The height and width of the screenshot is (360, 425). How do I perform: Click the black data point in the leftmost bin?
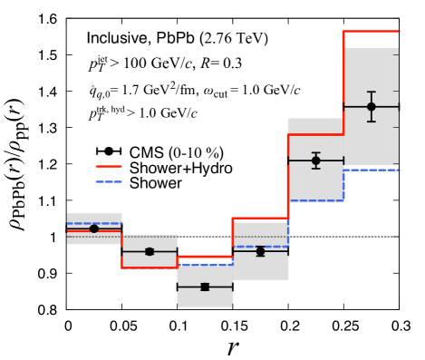(94, 229)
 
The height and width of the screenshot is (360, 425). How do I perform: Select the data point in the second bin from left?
(150, 251)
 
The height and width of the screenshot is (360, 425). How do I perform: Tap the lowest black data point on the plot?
(205, 287)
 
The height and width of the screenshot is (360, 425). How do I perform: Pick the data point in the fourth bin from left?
(260, 251)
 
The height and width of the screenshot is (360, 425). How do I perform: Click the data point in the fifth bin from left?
(315, 161)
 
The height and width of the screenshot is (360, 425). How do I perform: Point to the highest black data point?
(371, 107)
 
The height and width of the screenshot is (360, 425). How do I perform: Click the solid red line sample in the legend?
(109, 167)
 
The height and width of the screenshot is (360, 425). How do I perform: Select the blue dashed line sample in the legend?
(109, 181)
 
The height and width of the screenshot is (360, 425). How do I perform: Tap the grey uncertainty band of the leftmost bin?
(82, 238)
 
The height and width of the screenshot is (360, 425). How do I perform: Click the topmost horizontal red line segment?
(371, 32)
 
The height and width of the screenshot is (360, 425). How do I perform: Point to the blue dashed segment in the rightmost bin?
(372, 170)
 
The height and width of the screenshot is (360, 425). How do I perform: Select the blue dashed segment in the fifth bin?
(315, 200)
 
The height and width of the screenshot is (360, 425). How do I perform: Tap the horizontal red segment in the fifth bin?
(315, 135)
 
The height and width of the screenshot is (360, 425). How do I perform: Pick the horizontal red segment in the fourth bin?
(260, 219)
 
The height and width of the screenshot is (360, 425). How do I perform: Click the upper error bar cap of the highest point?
(371, 92)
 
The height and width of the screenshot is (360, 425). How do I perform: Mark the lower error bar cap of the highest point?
(371, 122)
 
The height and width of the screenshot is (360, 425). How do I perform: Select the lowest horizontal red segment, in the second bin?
(150, 267)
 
